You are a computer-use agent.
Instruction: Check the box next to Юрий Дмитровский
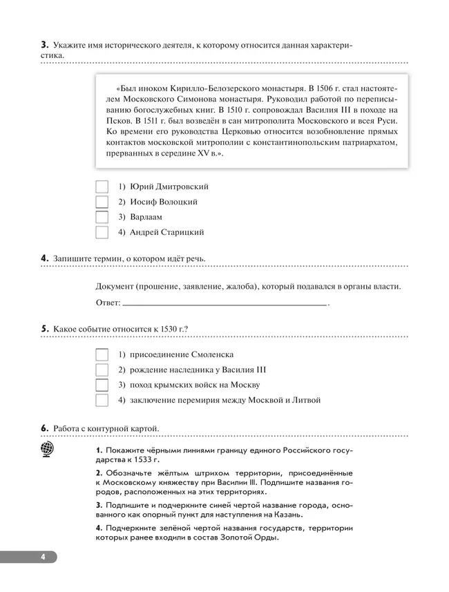[x=102, y=187]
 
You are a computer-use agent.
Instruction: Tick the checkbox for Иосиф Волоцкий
[x=102, y=202]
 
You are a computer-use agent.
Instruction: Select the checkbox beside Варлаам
[x=102, y=218]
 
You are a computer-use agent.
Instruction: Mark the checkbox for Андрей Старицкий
[x=102, y=233]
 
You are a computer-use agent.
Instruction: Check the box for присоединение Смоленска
[x=102, y=354]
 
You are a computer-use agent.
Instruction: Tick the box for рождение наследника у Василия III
[x=102, y=370]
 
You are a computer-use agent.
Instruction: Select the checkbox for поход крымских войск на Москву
[x=102, y=385]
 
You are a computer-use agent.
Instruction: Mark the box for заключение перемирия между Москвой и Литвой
[x=102, y=400]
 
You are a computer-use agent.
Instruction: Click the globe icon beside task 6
[x=48, y=450]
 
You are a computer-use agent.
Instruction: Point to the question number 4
[x=44, y=258]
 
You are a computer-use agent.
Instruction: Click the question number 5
[x=44, y=329]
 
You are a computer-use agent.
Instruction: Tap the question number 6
[x=44, y=429]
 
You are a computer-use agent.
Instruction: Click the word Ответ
[x=107, y=303]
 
